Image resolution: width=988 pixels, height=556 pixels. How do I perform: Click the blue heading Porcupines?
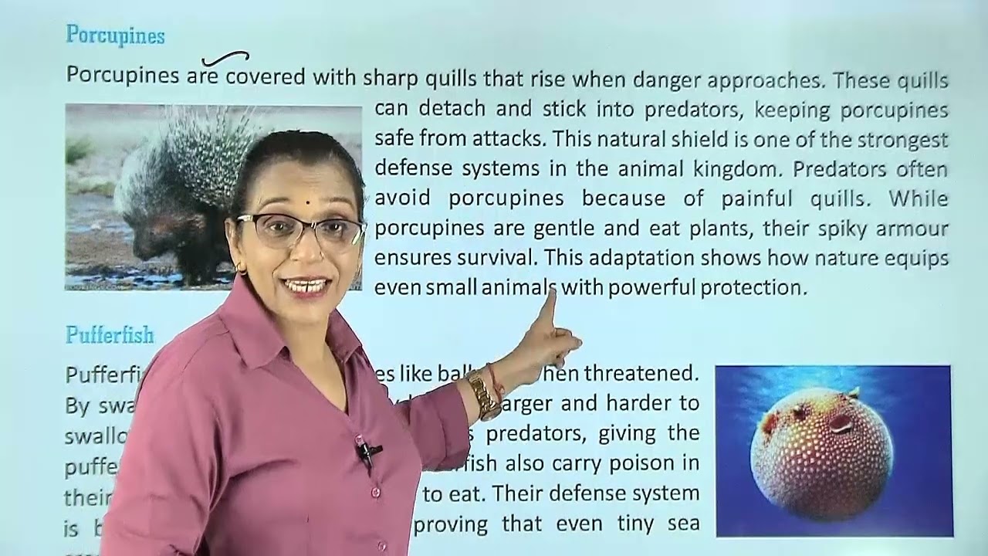tap(115, 36)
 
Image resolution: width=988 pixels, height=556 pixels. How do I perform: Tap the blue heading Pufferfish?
tap(110, 335)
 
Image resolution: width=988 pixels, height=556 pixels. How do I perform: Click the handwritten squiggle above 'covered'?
tap(225, 58)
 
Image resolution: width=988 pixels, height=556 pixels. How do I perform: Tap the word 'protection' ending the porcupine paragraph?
tap(753, 288)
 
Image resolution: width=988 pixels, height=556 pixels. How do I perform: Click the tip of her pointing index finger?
tap(550, 290)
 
